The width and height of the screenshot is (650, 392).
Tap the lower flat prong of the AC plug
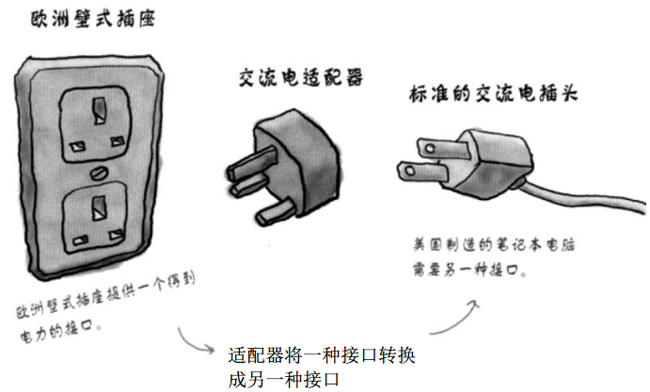pos(418,170)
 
